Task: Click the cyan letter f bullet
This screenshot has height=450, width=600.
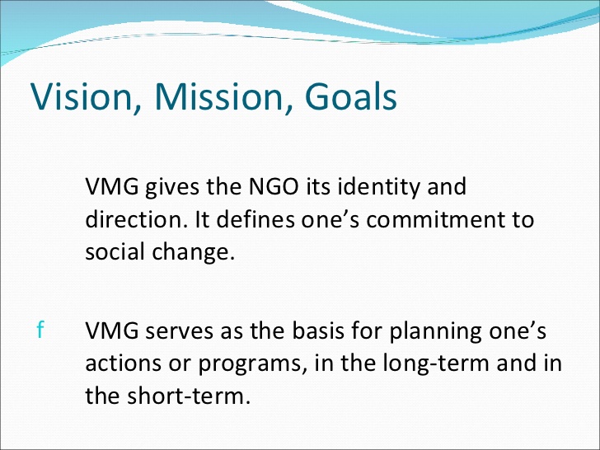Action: point(40,330)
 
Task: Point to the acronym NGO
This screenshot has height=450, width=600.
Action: point(274,187)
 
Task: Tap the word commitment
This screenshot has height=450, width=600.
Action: point(434,220)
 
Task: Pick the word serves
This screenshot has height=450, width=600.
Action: point(179,331)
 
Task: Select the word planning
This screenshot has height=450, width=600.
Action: point(435,332)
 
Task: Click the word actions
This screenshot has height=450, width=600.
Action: point(123,363)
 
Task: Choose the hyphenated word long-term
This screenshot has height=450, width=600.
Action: point(436,364)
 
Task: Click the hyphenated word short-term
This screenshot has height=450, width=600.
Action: point(189,396)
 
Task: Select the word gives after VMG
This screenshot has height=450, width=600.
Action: point(172,188)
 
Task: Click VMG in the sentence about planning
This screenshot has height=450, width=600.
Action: point(112,330)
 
